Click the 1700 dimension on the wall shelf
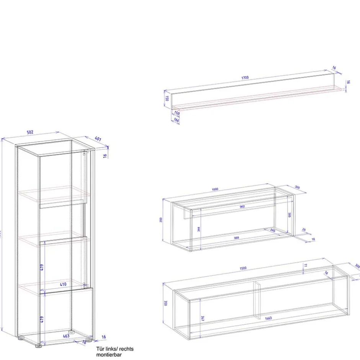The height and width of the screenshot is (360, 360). (x=245, y=78)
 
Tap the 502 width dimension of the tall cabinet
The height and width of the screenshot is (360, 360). (x=30, y=132)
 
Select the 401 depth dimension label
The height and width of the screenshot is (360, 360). (x=98, y=139)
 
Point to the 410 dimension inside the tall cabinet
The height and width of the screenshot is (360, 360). (x=63, y=285)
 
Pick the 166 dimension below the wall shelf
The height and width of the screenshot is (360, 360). (x=177, y=120)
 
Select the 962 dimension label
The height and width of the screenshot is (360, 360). (x=242, y=207)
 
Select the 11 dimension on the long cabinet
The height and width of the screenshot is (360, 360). (x=305, y=265)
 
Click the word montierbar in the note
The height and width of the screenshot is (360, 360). (x=109, y=355)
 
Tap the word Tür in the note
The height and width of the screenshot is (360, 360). (x=100, y=349)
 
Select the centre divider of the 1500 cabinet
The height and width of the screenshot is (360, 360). (x=258, y=301)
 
